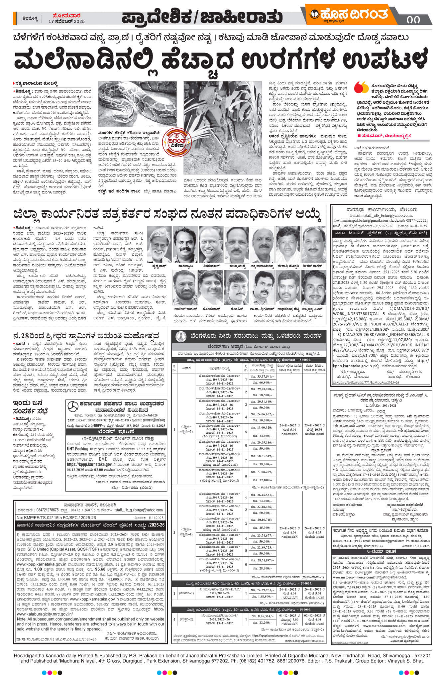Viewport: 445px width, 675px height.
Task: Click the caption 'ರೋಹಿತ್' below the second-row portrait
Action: click(237, 308)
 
